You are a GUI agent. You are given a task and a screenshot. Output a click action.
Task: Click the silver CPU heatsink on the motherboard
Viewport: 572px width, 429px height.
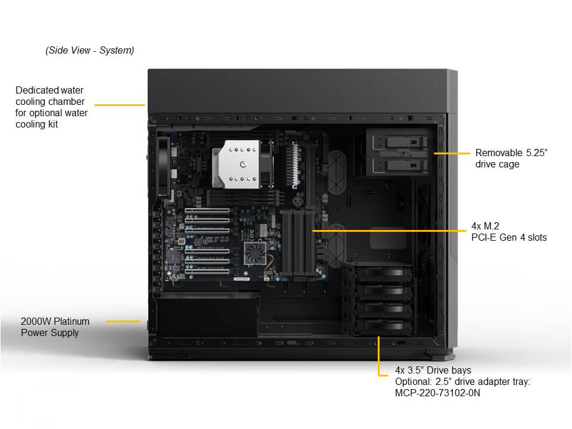(237, 164)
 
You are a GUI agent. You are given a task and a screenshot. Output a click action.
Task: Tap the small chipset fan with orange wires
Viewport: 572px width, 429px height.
(255, 253)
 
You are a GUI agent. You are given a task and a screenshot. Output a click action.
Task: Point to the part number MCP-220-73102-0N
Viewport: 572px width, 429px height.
(437, 393)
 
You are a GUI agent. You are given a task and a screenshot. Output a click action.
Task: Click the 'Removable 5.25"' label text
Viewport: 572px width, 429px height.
(511, 153)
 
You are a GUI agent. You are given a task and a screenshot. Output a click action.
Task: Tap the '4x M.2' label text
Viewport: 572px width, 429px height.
(485, 226)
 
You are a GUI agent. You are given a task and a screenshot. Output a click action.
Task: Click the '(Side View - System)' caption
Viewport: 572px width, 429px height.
(90, 50)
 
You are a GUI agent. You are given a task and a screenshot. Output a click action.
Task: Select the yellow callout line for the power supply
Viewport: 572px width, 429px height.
(123, 321)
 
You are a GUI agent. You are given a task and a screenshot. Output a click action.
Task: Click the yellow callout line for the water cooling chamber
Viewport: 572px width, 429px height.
(120, 105)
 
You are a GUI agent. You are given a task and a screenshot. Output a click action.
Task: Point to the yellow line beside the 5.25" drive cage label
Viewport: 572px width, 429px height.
(452, 153)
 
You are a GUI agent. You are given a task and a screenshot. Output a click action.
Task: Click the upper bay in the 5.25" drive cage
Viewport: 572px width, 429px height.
(400, 142)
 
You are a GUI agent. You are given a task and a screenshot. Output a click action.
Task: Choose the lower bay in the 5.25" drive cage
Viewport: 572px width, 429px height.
(400, 165)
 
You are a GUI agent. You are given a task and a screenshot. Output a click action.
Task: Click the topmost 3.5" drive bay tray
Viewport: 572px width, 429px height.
(384, 272)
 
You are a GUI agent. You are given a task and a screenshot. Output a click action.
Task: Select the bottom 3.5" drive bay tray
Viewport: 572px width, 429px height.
(384, 327)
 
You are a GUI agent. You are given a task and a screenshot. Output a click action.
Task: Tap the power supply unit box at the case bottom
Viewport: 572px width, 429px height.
(207, 316)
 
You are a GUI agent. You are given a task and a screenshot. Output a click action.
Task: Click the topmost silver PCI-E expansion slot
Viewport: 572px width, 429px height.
(207, 211)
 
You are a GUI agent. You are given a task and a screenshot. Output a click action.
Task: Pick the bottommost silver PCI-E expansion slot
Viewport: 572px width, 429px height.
(207, 271)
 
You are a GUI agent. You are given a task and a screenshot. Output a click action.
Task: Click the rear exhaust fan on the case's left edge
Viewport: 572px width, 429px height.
(164, 166)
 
